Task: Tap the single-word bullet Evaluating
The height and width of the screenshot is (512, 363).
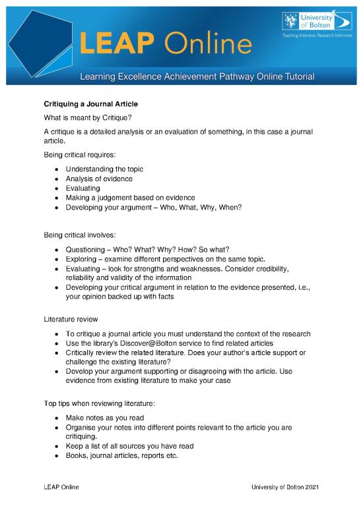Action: click(x=83, y=188)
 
